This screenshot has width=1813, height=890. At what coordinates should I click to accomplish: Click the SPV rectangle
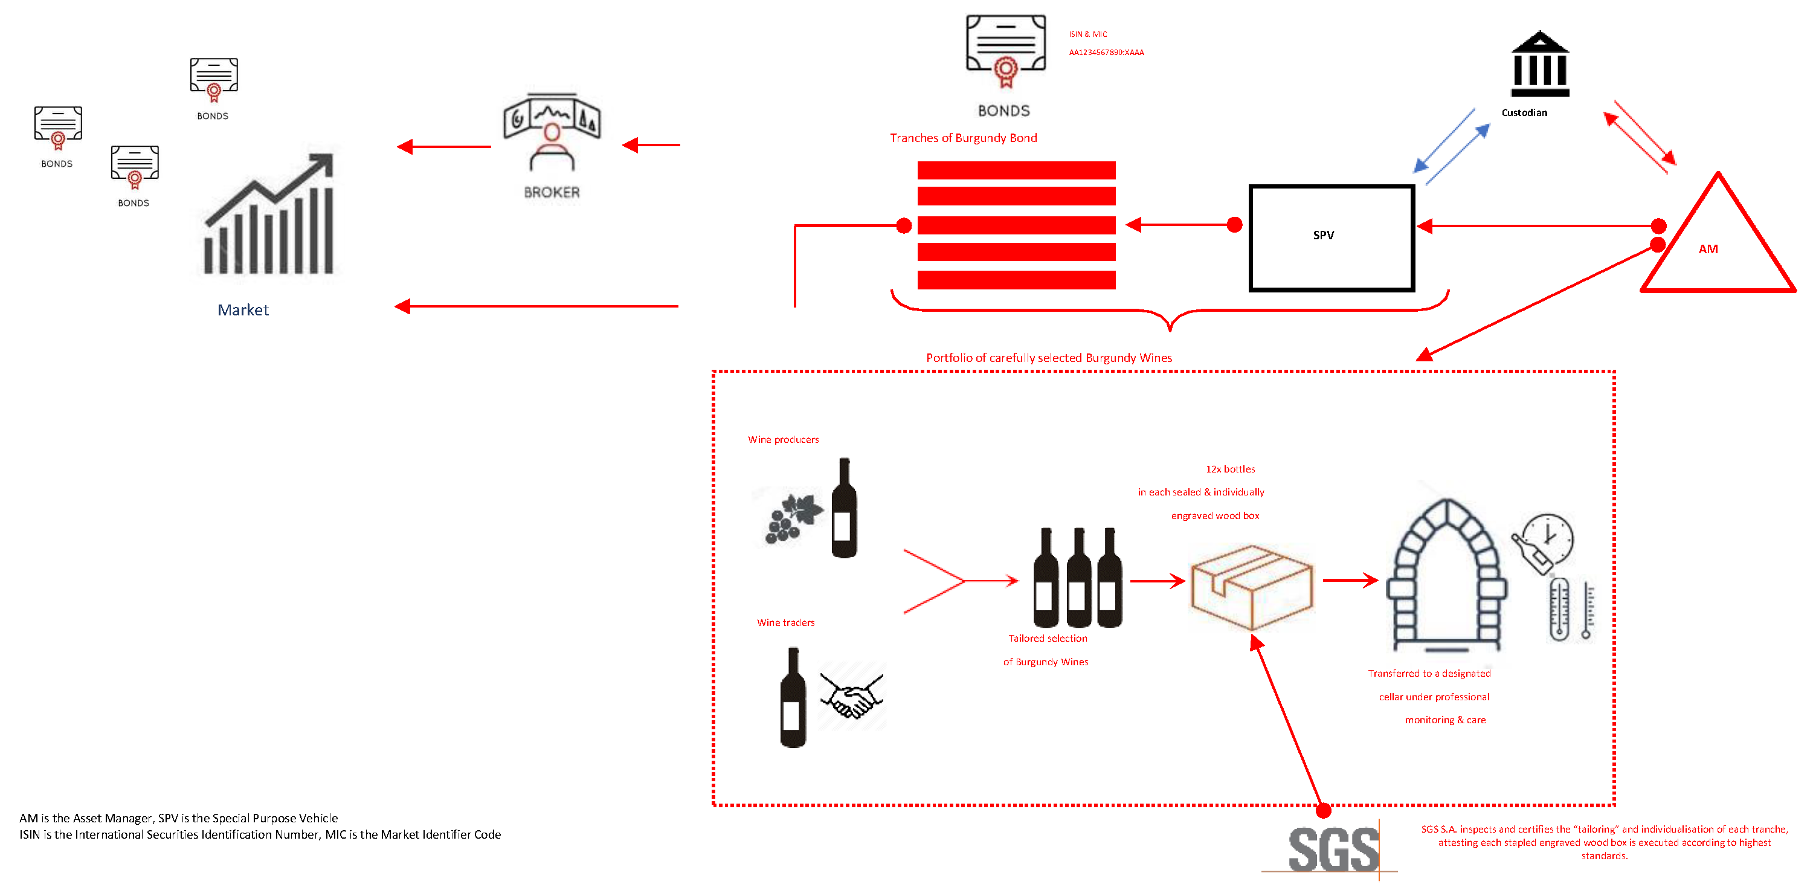tap(1331, 237)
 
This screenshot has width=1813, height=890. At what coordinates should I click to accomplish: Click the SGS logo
tap(1333, 850)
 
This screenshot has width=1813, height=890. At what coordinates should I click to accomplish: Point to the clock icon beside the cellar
tap(1548, 538)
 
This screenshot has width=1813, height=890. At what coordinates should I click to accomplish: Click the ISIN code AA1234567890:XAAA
tap(1106, 53)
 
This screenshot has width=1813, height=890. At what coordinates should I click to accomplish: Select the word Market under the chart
tap(243, 310)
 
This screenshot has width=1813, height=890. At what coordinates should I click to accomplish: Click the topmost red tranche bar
tap(1016, 170)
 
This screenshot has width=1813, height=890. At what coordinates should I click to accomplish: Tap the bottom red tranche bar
tap(1016, 280)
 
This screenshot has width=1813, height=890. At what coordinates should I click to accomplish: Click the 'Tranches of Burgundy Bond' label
tap(963, 138)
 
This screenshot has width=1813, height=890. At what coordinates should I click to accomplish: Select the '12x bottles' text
tap(1229, 469)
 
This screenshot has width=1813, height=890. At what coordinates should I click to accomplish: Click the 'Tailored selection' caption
tap(1047, 639)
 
